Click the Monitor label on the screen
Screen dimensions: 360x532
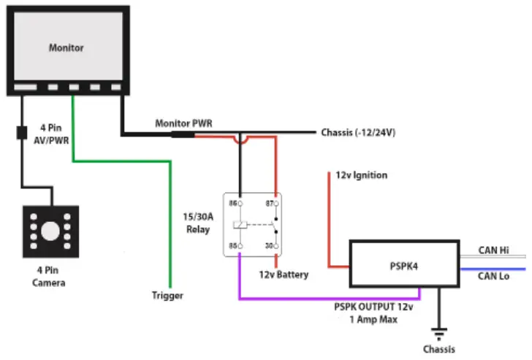click(x=66, y=48)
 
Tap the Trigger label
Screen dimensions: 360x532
click(x=167, y=296)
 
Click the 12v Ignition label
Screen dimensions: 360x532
click(x=361, y=176)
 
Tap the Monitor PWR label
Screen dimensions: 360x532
click(x=183, y=123)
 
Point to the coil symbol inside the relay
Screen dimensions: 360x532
click(x=239, y=224)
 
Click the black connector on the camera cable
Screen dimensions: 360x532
click(x=21, y=134)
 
